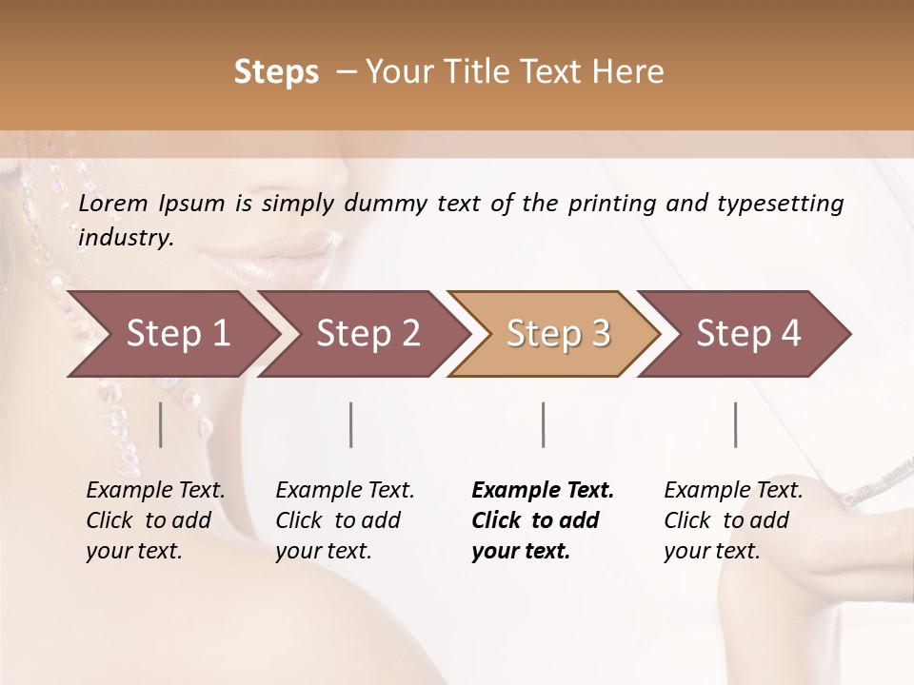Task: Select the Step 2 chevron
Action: point(367,334)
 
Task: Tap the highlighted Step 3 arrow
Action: point(557,334)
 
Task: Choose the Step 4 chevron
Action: point(747,334)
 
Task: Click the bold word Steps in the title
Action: point(276,72)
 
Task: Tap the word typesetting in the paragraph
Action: point(778,204)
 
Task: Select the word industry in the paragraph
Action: point(125,238)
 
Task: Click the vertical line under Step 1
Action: point(161,424)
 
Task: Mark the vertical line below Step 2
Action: point(351,424)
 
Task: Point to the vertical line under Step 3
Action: point(543,424)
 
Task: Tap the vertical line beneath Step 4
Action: point(735,424)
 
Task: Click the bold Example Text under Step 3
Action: point(543,491)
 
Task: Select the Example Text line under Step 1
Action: point(155,491)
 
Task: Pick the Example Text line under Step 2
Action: point(345,491)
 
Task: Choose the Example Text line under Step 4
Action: point(733,491)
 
